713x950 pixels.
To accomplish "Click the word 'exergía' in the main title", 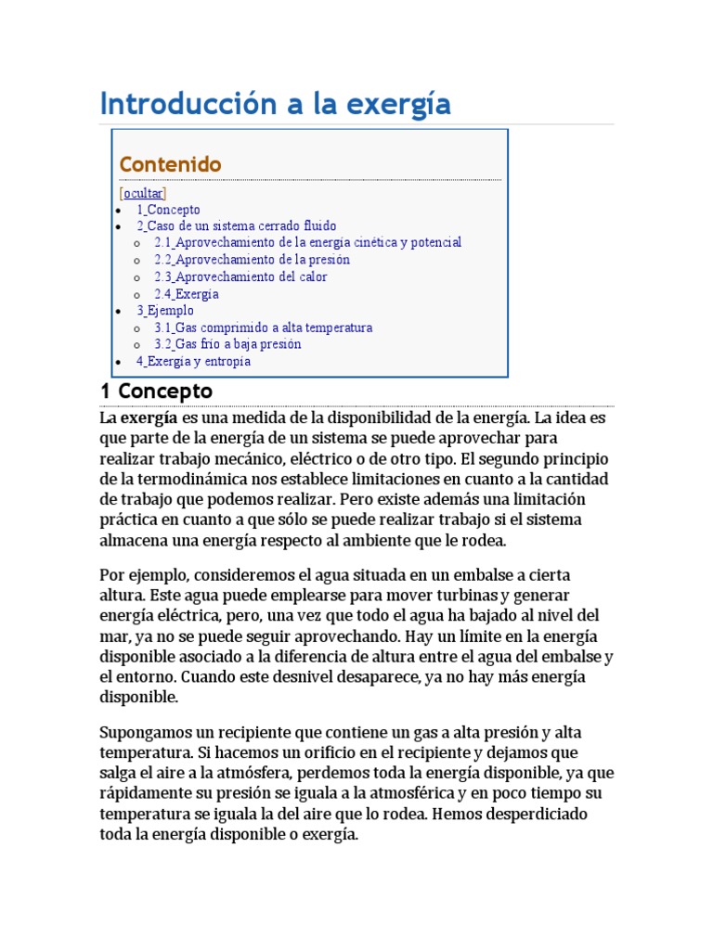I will coord(398,104).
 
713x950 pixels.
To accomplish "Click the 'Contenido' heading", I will coord(170,164).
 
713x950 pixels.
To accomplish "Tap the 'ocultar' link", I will coord(143,193).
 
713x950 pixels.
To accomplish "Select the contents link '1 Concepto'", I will coord(168,210).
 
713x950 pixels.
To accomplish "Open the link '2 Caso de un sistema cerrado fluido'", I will coord(237,225).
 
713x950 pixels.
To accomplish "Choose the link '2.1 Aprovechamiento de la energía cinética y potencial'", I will coord(307,242).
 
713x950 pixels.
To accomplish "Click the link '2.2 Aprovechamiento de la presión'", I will coord(252,260).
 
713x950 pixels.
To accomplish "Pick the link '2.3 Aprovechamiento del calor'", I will coord(240,276).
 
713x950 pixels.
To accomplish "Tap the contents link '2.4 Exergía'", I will coord(187,294).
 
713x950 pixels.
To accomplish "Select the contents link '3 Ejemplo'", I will coord(165,311).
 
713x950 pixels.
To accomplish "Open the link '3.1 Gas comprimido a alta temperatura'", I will coord(263,327).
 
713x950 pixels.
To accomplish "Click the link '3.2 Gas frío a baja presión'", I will coord(227,344).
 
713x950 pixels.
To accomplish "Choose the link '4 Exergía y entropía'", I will coord(193,362).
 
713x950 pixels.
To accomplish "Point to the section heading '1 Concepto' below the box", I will coord(156,391).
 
